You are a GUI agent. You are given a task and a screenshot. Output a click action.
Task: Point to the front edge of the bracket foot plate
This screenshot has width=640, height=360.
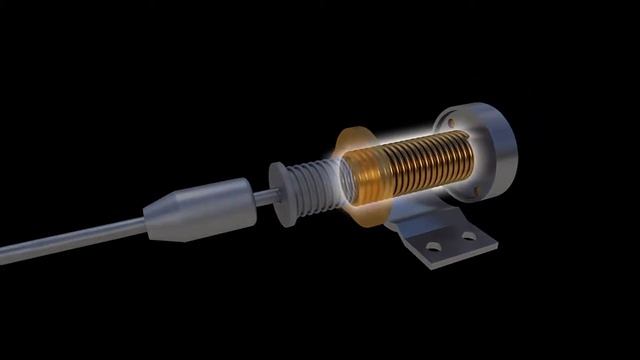455,263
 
